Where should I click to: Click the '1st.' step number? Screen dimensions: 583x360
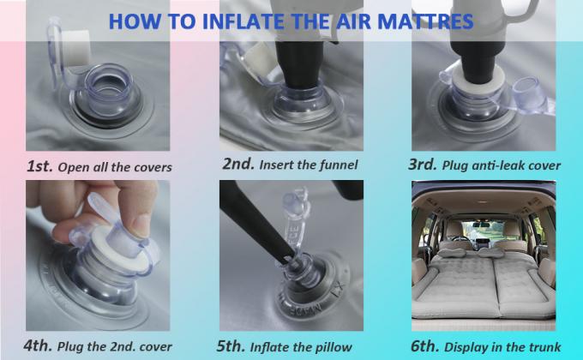tap(39, 166)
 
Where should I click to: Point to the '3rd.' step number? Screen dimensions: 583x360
tap(423, 165)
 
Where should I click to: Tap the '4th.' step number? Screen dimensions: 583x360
tap(38, 345)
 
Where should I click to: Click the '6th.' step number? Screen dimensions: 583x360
tap(424, 346)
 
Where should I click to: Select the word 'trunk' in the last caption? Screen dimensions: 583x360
tap(546, 347)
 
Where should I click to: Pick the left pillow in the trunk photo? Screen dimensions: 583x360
tap(451, 253)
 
